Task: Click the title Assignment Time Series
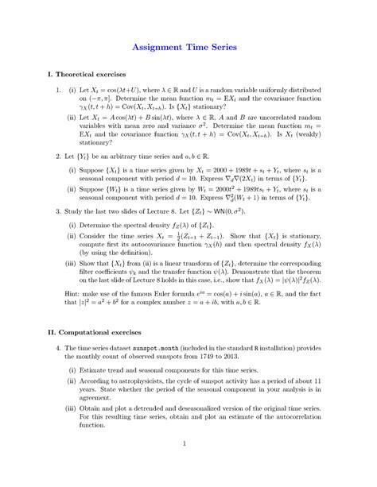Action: coord(188,47)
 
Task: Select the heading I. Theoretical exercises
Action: coord(87,74)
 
